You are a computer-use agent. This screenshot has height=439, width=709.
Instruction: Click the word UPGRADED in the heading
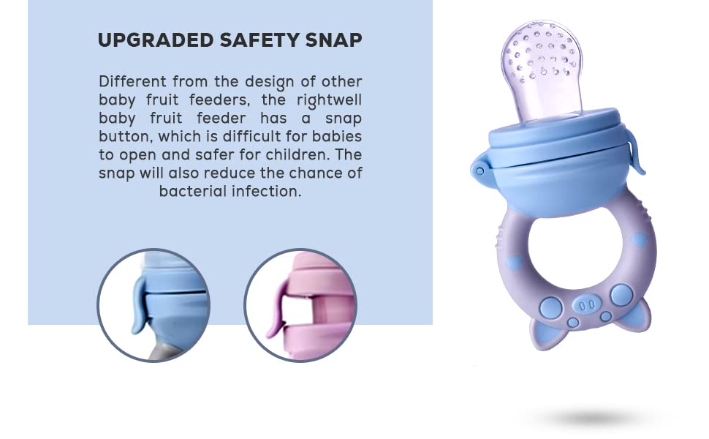pyautogui.click(x=156, y=40)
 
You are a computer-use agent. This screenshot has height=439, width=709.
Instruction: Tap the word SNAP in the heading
pyautogui.click(x=334, y=40)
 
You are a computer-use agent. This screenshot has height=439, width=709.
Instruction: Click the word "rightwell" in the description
pyautogui.click(x=329, y=100)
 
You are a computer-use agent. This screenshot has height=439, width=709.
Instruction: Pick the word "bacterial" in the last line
pyautogui.click(x=192, y=191)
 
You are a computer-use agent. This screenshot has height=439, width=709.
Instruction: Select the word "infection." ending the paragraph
pyautogui.click(x=266, y=191)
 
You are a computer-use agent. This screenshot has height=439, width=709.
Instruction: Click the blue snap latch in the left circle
pyautogui.click(x=140, y=306)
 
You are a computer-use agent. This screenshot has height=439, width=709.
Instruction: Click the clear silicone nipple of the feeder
pyautogui.click(x=542, y=70)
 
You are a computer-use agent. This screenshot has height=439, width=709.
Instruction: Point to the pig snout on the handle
pyautogui.click(x=587, y=305)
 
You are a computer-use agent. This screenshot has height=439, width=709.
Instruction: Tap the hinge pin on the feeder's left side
pyautogui.click(x=479, y=171)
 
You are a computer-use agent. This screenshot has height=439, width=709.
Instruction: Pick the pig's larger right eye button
pyautogui.click(x=622, y=295)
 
